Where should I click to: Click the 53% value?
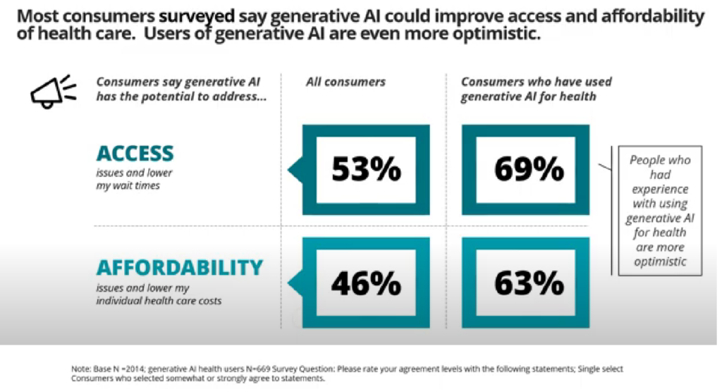366,170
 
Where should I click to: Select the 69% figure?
529,169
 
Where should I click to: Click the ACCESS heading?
135,154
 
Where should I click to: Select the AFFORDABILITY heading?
179,268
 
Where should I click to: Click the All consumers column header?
345,82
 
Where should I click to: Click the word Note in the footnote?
82,369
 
